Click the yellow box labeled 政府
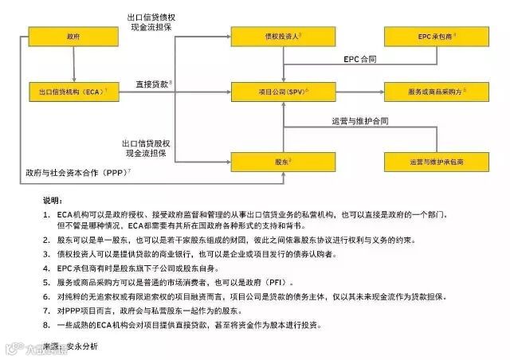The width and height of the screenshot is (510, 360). pos(73,37)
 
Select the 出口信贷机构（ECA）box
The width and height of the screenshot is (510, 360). pos(73,92)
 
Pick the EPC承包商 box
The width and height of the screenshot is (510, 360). pos(437,37)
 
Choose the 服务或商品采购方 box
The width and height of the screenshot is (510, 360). pos(437,92)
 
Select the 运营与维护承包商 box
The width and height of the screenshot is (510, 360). pos(437,162)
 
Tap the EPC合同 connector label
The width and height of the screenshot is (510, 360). pos(359,60)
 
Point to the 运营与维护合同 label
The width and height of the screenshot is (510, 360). pos(359,121)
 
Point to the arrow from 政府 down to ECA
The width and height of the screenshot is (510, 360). pos(73,63)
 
